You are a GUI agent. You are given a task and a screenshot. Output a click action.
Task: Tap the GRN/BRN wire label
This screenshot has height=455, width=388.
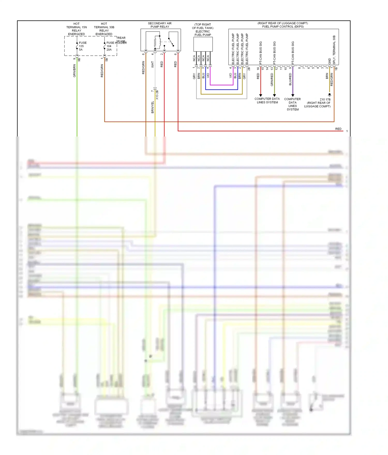[x=74, y=71]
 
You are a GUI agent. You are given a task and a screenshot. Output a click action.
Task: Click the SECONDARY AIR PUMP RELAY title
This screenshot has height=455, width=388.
[x=160, y=25]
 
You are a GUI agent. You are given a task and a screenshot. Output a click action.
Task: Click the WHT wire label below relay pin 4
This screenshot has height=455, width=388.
[x=152, y=64]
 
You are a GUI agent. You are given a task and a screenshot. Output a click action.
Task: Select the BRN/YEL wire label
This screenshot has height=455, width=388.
[x=152, y=107]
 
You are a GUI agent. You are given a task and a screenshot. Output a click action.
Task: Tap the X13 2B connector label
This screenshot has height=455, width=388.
[x=157, y=95]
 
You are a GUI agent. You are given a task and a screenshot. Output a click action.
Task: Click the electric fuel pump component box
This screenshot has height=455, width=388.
[x=203, y=44]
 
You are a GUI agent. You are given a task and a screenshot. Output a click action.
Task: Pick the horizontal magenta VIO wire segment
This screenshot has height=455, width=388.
[x=221, y=85]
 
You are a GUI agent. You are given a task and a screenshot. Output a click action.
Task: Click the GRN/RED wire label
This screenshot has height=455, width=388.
[x=272, y=80]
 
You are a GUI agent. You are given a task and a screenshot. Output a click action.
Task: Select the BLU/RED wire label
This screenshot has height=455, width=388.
[x=290, y=79]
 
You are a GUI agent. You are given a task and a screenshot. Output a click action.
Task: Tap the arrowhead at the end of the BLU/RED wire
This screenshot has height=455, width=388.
[x=293, y=95]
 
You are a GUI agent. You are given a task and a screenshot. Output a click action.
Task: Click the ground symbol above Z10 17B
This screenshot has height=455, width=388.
[x=330, y=95]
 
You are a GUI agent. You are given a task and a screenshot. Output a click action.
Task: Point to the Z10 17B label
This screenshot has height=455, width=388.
[x=325, y=99]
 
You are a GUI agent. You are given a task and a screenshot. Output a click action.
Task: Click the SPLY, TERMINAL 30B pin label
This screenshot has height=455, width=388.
[x=334, y=50]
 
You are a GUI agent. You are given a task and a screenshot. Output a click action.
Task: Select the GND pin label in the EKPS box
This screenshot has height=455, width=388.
[x=330, y=61]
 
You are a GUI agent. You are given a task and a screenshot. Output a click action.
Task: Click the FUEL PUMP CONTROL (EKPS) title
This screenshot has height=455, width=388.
[x=283, y=26]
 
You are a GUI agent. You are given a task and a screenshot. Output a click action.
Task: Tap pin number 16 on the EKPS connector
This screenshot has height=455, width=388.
[x=258, y=68]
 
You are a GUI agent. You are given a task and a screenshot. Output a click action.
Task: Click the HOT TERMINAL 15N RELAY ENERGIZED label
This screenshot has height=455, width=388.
[x=77, y=29]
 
